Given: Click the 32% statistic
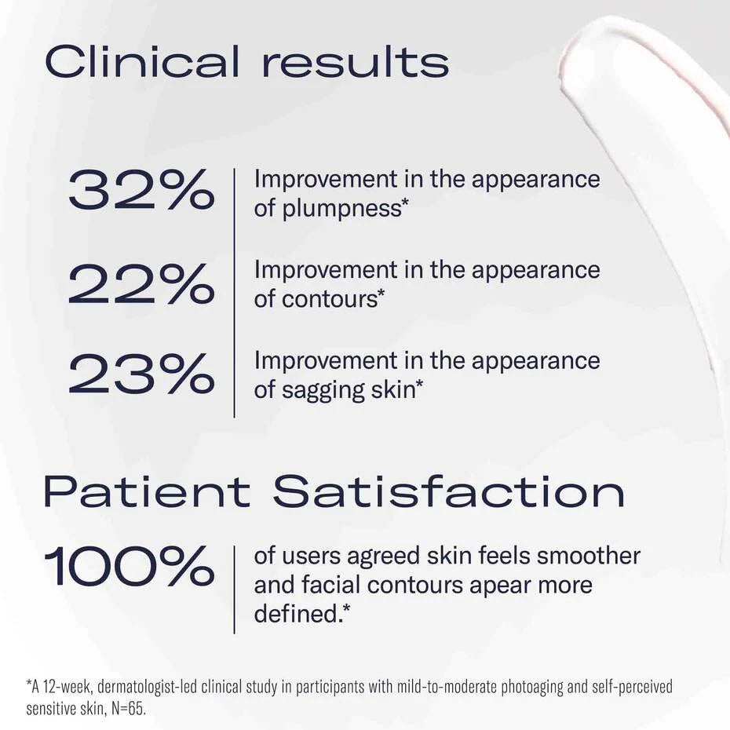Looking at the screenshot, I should (141, 191).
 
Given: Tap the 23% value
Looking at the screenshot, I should (141, 374).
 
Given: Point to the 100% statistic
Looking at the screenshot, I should (129, 567).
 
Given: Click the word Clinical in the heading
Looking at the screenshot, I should (142, 62).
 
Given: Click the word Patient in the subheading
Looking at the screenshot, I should (146, 491).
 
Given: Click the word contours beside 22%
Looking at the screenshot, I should (336, 299).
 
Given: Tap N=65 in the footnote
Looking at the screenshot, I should (128, 708).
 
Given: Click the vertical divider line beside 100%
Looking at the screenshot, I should (234, 589).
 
